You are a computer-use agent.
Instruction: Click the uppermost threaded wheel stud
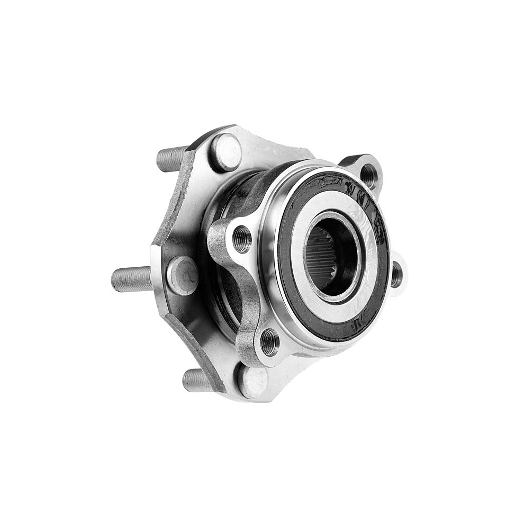pyautogui.click(x=170, y=158)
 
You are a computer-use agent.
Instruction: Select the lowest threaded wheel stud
pyautogui.click(x=197, y=380)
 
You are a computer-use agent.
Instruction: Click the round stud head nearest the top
pyautogui.click(x=226, y=152)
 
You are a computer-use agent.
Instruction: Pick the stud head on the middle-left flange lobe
pyautogui.click(x=182, y=275)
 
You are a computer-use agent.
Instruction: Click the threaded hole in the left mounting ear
pyautogui.click(x=242, y=239)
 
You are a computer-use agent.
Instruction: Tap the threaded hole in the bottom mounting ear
pyautogui.click(x=269, y=342)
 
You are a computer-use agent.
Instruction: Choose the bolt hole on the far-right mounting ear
pyautogui.click(x=396, y=274)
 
